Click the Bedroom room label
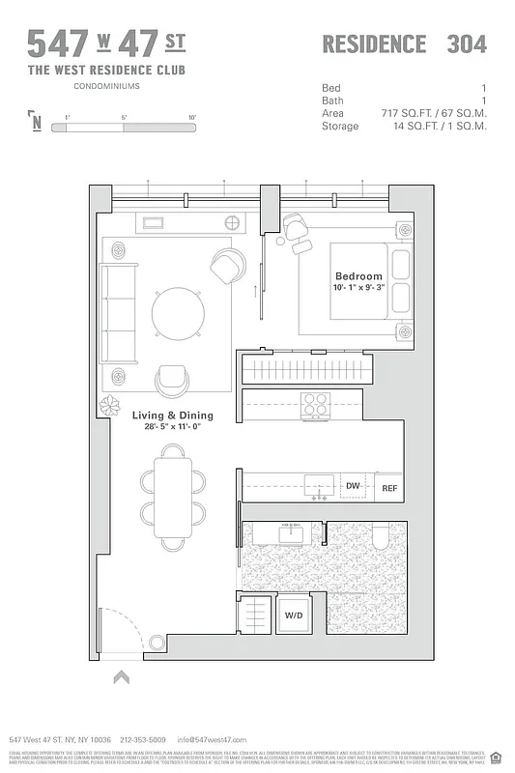[x=358, y=276]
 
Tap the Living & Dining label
[x=173, y=415]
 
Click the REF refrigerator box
[x=389, y=488]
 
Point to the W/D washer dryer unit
[x=294, y=615]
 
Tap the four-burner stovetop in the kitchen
[x=314, y=403]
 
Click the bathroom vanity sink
[x=288, y=531]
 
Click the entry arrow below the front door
[x=122, y=678]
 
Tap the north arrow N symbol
[x=37, y=122]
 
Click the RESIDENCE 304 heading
[x=404, y=43]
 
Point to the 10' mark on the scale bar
[x=192, y=117]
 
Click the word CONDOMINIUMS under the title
[x=106, y=87]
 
